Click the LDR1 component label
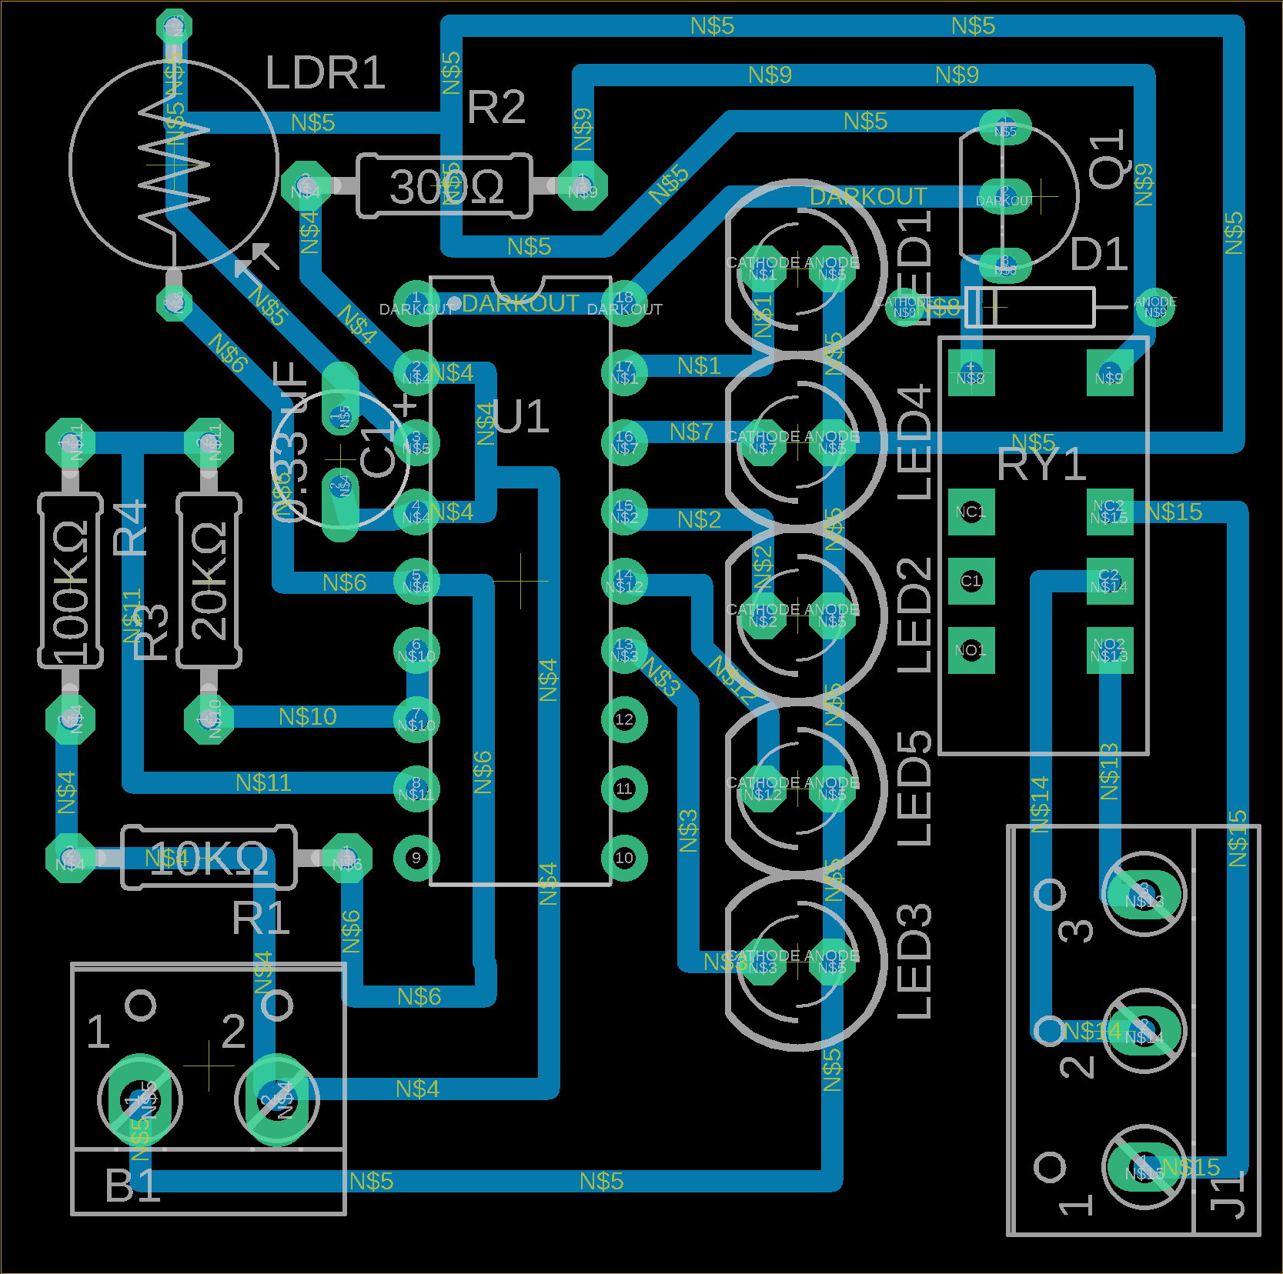tap(324, 73)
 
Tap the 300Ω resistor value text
tap(446, 187)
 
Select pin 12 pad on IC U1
tap(624, 719)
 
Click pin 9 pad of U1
tap(416, 858)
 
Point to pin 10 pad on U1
tap(624, 858)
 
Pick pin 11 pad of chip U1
tap(624, 789)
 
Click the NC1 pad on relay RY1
tap(971, 512)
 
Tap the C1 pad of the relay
tap(971, 581)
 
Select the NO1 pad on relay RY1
tap(971, 650)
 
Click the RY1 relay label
tap(1041, 465)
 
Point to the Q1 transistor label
tap(1109, 160)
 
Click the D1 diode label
tap(1099, 254)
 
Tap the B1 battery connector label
tap(132, 1186)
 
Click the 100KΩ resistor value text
tap(71, 590)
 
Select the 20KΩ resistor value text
tap(209, 581)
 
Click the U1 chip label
tap(521, 417)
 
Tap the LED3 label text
tap(915, 962)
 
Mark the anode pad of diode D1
tap(1154, 307)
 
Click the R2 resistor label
tap(496, 107)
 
